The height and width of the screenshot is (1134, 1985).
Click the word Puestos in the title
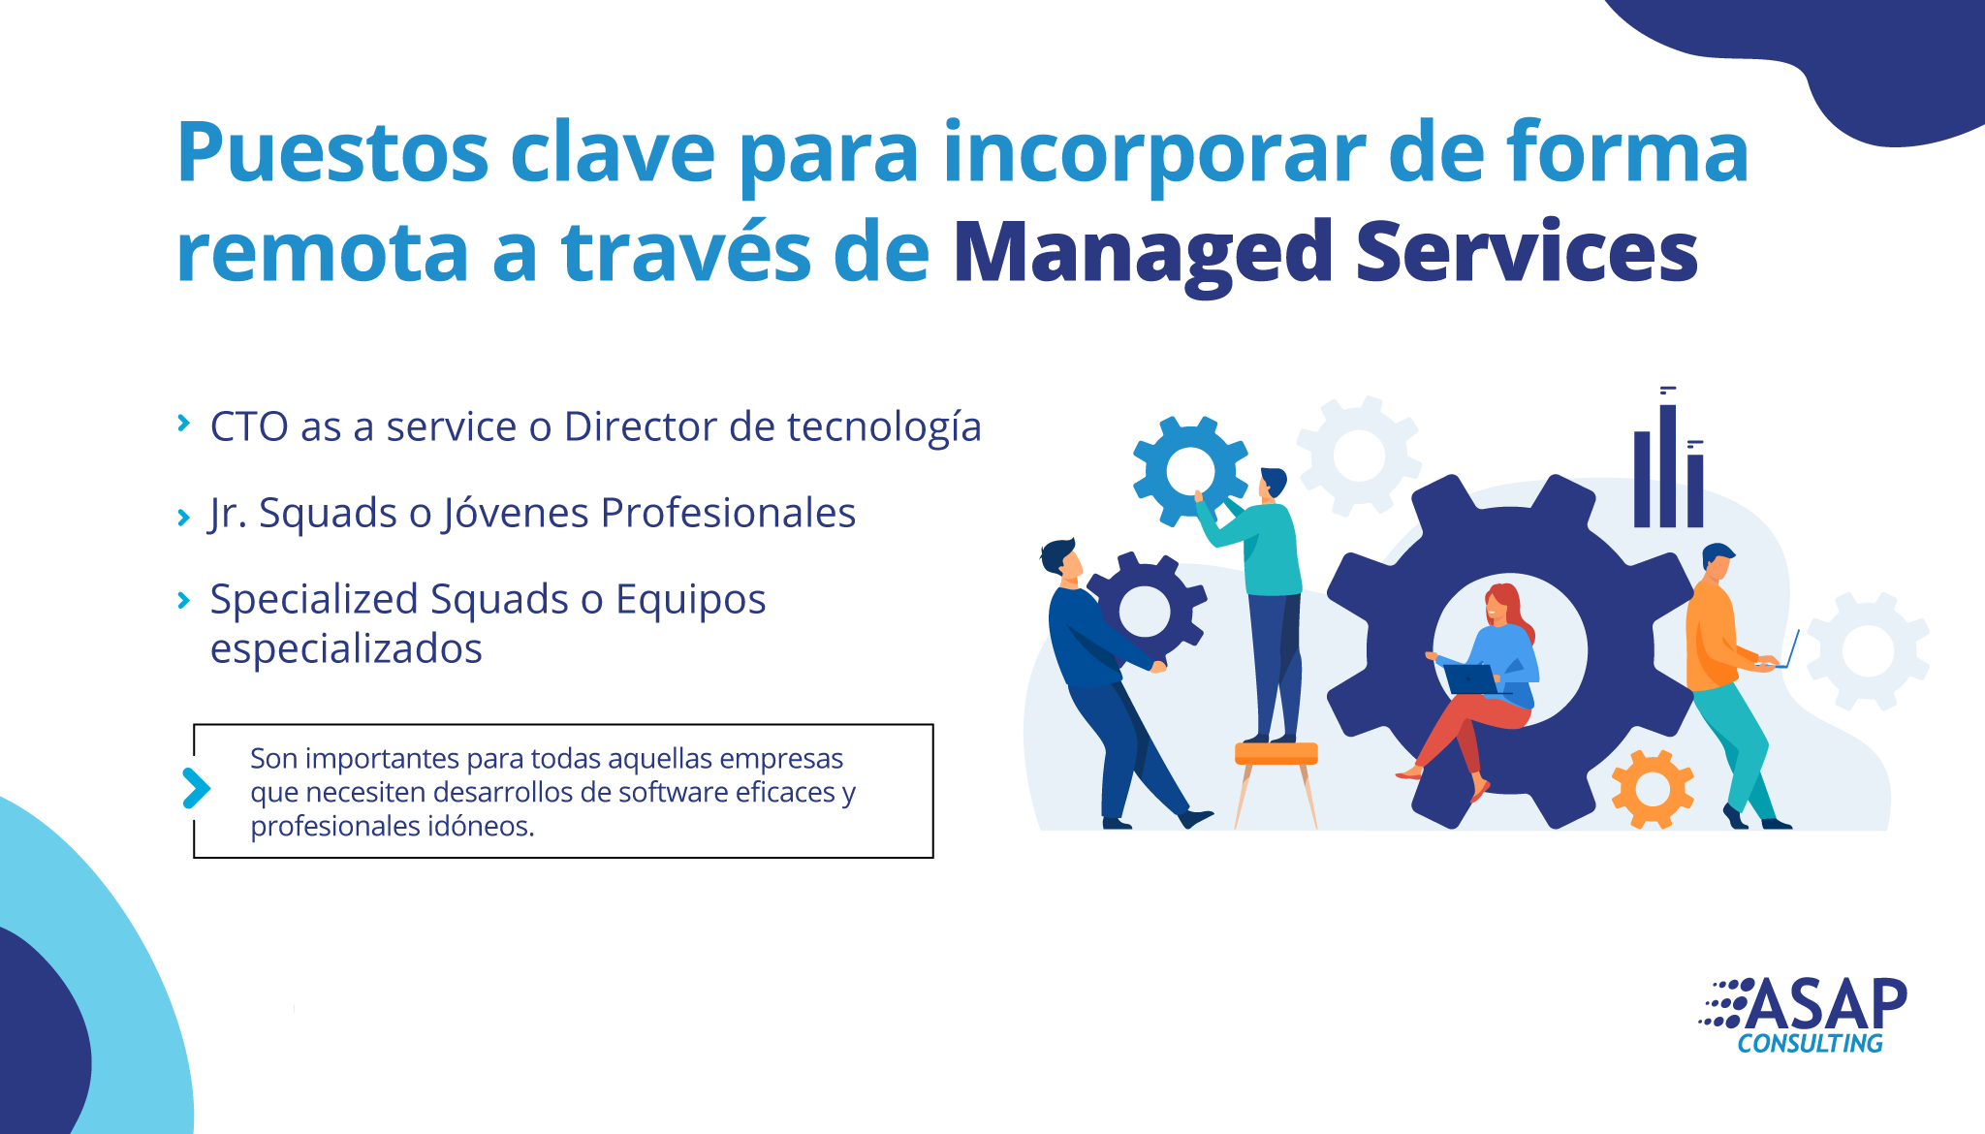point(332,152)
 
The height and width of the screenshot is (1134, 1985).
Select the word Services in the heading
point(1527,251)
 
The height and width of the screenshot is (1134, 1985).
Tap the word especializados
point(346,648)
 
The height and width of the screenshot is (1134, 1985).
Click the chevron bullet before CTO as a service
point(183,422)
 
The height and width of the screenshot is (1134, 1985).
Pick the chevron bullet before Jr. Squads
point(183,518)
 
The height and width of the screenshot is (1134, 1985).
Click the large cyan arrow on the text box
point(196,788)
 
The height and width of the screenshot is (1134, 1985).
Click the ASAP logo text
point(1826,1004)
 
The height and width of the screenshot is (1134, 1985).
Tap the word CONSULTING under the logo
point(1810,1044)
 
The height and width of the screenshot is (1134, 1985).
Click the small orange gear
point(1653,788)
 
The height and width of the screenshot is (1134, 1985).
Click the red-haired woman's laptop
point(1472,678)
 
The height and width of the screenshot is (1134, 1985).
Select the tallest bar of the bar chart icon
point(1667,466)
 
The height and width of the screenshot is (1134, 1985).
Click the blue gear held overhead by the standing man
point(1190,472)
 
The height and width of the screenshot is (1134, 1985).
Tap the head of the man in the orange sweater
point(1717,561)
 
